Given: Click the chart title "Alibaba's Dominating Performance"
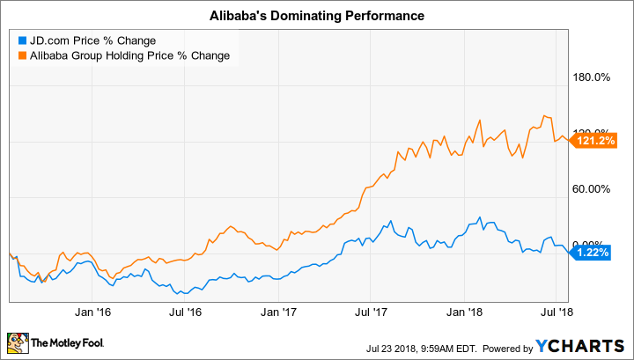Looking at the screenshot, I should pos(317,16).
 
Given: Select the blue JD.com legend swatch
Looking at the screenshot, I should pos(20,40).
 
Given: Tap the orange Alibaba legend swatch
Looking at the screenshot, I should pos(20,55).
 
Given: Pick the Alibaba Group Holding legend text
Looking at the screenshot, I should pos(129,55).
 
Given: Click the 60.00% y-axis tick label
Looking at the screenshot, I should pos(592,188).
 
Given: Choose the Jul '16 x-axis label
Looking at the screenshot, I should pos(185,311).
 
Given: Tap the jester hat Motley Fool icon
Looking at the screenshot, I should pos(18,342).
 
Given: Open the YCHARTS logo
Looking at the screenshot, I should pos(590,342).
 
